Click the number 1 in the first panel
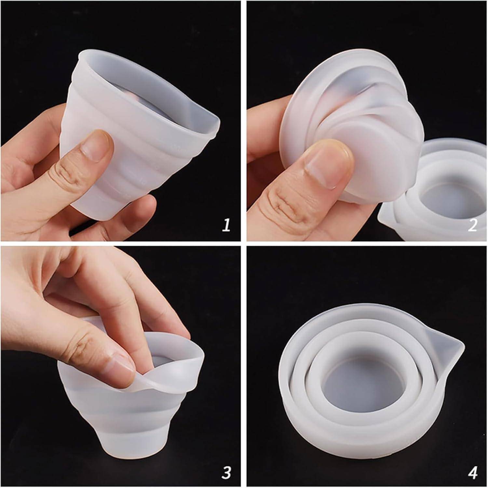(226, 225)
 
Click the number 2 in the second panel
(472, 225)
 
